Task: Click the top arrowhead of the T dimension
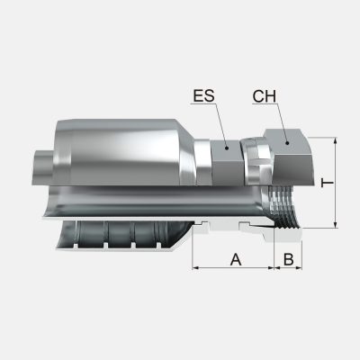334,141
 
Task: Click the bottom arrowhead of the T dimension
334,225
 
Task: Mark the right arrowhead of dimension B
299,268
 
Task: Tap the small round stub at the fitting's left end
41,165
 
